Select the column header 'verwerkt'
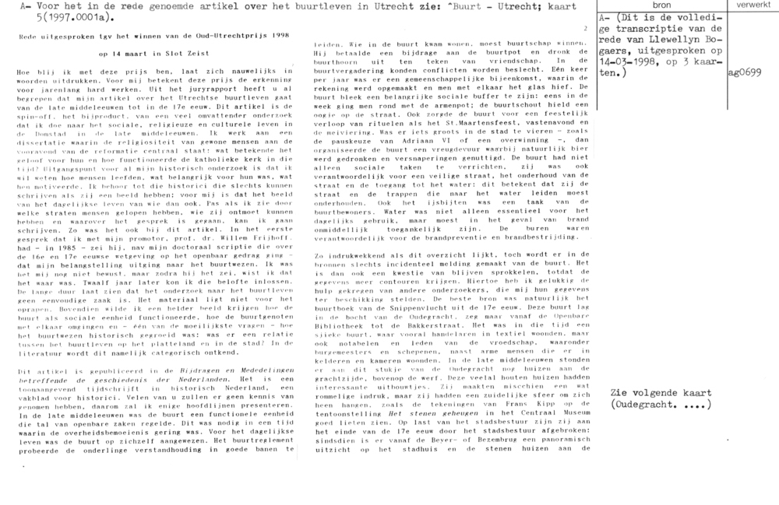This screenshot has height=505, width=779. [x=749, y=5]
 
